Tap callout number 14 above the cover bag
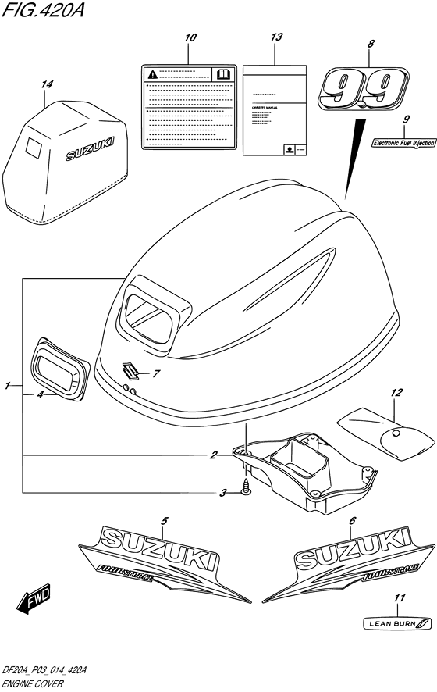[x=48, y=84]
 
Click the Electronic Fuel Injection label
[x=403, y=144]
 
